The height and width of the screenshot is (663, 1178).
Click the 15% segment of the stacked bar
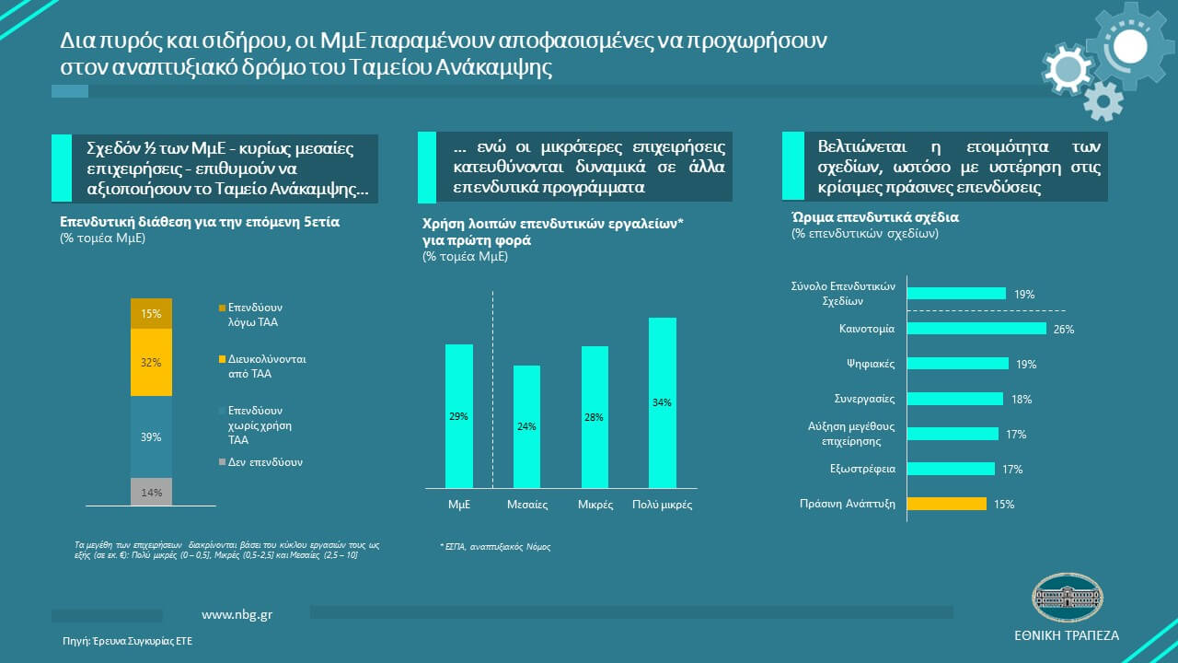pyautogui.click(x=152, y=314)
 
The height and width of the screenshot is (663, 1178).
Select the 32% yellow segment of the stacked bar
pyautogui.click(x=152, y=363)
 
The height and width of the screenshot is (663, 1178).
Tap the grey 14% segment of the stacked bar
pyautogui.click(x=152, y=493)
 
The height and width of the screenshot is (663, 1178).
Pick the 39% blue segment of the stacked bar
pyautogui.click(x=152, y=436)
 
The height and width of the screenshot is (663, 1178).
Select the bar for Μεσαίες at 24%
pyautogui.click(x=526, y=426)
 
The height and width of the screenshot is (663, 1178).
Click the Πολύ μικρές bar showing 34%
pyautogui.click(x=663, y=402)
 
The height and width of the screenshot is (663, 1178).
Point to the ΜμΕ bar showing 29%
pyautogui.click(x=459, y=416)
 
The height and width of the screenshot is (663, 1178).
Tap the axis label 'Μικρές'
pyautogui.click(x=595, y=505)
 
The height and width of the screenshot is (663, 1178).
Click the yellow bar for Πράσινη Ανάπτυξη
pyautogui.click(x=947, y=504)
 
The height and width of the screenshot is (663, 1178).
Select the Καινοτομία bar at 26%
pyautogui.click(x=976, y=329)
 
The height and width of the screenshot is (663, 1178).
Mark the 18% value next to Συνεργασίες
pyautogui.click(x=1022, y=399)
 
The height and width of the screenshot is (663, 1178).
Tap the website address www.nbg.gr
pyautogui.click(x=237, y=614)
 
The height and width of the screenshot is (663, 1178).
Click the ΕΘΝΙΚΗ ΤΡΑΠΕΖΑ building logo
pyautogui.click(x=1066, y=598)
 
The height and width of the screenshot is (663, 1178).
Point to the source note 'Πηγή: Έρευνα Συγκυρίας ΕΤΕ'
pyautogui.click(x=128, y=640)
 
